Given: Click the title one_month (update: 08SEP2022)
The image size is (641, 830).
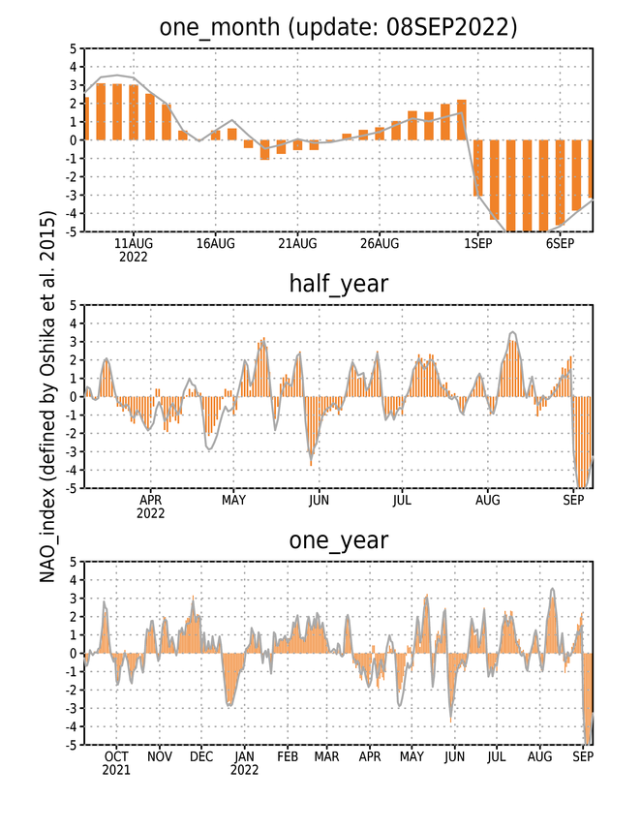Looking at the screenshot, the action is pos(338,27).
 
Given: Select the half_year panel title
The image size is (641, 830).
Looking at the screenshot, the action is pos(338,285).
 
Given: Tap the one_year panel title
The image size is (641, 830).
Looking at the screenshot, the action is pos(338,541).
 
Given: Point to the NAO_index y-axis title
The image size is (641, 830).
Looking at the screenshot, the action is pos(47,397).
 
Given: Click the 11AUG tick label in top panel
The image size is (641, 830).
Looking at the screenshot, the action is pos(134,243).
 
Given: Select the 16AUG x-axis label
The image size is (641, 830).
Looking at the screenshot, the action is pos(215,243).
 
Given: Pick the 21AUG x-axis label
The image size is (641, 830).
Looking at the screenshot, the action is pos(297,243).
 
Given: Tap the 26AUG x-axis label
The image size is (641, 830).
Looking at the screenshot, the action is pos(380,243).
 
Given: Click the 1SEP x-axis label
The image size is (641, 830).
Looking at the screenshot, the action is pos(478,243).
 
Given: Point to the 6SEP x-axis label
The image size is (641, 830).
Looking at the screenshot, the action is pos(560,243).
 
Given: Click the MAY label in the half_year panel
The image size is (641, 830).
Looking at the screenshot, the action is pos(233,500).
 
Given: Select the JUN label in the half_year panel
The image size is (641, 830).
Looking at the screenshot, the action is pos(319,500).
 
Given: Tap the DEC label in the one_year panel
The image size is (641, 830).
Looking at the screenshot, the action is pos(201,756).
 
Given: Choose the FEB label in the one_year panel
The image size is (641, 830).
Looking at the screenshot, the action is pos(288,756).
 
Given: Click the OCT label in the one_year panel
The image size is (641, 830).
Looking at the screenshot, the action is pos(116,756).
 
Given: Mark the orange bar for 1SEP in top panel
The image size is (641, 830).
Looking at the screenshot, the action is pos(478,168).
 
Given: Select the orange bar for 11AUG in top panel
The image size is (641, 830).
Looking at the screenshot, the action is pos(134,112).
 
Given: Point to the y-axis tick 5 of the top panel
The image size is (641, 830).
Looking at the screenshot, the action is pos(73,48).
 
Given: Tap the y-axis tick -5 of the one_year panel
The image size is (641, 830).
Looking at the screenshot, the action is pos(71,745).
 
